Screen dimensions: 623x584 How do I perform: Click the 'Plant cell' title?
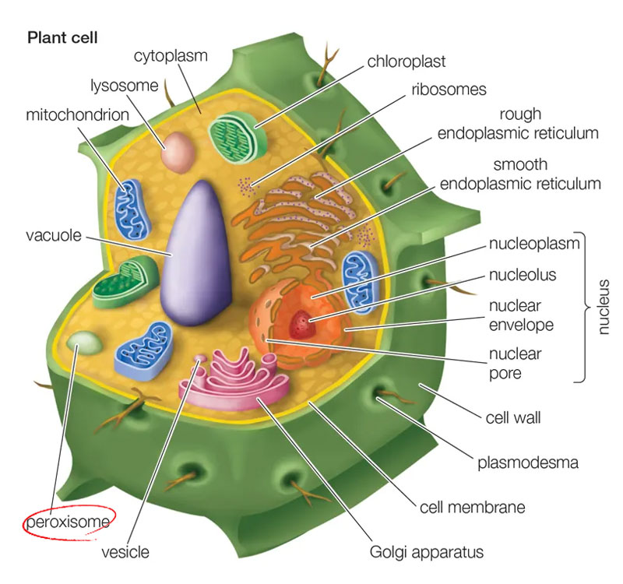(x=62, y=37)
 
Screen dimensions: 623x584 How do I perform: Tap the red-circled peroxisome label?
(x=68, y=522)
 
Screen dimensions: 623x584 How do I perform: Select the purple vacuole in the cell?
(x=196, y=253)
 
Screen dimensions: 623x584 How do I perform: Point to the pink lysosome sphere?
(x=178, y=153)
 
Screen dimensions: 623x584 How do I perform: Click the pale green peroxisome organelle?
(x=85, y=343)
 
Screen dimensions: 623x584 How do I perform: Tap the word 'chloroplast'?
(x=406, y=62)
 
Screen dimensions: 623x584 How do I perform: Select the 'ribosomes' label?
(x=449, y=90)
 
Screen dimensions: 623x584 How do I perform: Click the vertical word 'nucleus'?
(x=603, y=307)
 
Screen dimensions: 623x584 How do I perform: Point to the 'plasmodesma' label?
(x=528, y=463)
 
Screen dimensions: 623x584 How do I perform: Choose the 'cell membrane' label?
(x=473, y=508)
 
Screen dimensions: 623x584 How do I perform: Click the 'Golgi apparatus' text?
(x=426, y=552)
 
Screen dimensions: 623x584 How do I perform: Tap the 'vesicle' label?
(x=125, y=552)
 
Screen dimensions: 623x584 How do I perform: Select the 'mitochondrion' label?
(x=77, y=114)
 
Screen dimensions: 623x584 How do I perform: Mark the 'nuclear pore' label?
(x=515, y=364)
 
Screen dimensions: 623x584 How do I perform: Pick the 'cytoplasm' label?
(x=171, y=56)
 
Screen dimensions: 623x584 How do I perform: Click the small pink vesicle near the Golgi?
(x=201, y=359)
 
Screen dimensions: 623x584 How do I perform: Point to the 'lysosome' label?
(x=125, y=86)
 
